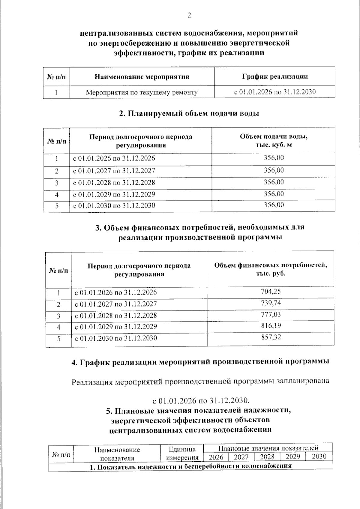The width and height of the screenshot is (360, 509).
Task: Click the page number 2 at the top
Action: (189, 16)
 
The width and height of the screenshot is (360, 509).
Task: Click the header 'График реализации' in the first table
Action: (275, 76)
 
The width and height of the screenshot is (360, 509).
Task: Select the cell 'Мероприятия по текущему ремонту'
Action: (142, 92)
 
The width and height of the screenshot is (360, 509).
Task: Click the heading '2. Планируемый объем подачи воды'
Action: (189, 114)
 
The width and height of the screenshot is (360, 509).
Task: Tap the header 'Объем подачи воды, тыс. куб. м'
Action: (273, 141)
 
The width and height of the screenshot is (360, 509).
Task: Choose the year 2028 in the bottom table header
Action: (267, 457)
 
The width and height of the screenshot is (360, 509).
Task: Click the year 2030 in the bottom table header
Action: (319, 457)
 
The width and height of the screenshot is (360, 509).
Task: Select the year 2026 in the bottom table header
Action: (216, 457)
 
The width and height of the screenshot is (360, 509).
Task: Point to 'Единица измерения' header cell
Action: (182, 453)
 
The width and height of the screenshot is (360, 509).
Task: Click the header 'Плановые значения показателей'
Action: (268, 448)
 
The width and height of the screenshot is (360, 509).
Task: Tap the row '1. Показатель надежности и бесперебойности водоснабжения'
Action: (191, 467)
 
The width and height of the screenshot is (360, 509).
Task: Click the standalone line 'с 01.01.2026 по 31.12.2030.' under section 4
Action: (201, 401)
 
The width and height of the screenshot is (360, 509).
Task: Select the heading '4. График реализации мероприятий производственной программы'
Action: (200, 362)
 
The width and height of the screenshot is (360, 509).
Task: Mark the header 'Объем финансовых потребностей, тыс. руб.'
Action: (270, 269)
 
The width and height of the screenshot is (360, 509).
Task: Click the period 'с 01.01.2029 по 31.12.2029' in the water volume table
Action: (114, 194)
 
